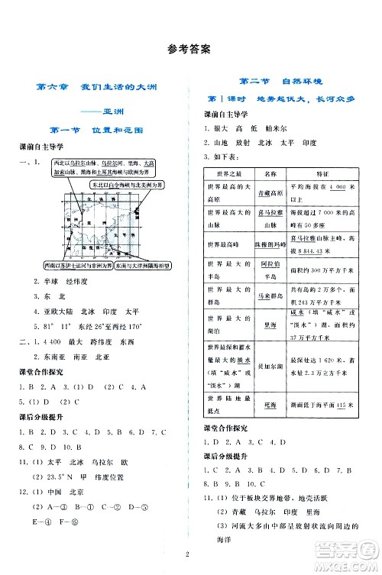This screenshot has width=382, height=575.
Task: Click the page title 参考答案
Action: coord(190,50)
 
